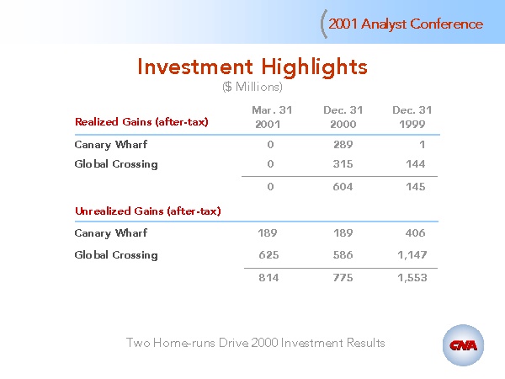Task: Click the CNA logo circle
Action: coord(463,345)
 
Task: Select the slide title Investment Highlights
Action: coord(252,67)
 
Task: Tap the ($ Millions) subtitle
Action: coord(252,87)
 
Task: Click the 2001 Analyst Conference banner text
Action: coord(406,24)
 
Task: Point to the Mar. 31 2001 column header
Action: coord(272,117)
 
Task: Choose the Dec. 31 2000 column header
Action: coord(343,117)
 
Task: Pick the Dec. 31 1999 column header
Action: coord(412,117)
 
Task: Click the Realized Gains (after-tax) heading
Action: coord(141,122)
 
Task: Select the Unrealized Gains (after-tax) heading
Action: coord(148,211)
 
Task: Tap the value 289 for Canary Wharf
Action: coord(343,144)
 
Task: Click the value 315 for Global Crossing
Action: coord(343,164)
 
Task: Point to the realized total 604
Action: coord(343,187)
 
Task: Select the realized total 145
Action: coord(416,187)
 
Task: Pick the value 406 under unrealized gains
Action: coord(416,232)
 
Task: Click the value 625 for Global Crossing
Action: coord(269,255)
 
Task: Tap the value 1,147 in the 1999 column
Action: coord(412,255)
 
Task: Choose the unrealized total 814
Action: coord(269,277)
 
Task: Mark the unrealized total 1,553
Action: coord(412,277)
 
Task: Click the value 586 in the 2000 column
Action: coord(343,255)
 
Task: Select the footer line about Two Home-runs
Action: coord(255,343)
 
